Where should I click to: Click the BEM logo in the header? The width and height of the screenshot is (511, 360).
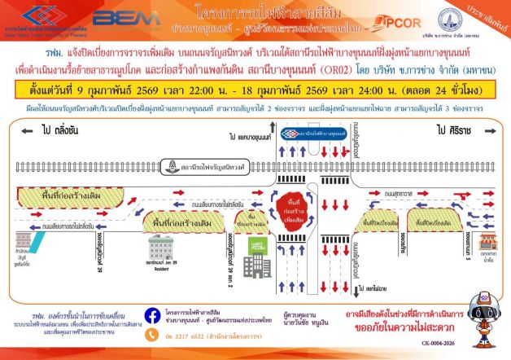click(x=116, y=18)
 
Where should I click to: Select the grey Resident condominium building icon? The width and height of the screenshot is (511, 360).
click(x=159, y=244)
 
